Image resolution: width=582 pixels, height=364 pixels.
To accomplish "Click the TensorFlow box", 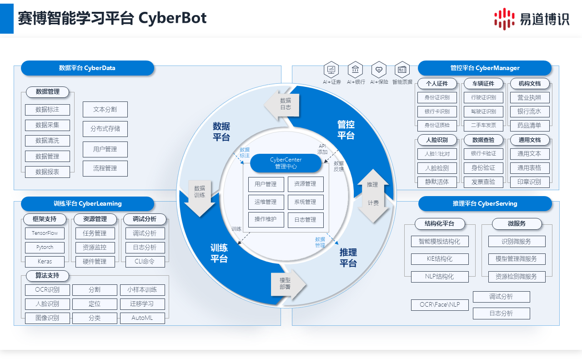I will click(45, 233).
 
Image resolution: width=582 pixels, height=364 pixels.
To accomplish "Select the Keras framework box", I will click(45, 262).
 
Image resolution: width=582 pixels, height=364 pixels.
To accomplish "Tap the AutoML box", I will click(142, 318).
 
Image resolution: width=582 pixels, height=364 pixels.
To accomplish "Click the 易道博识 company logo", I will click(532, 19).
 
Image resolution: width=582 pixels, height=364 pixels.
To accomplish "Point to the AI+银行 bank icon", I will click(355, 70).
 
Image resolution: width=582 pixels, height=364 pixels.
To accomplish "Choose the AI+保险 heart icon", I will click(379, 70).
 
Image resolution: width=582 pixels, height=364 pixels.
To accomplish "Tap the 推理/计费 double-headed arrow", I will click(373, 196).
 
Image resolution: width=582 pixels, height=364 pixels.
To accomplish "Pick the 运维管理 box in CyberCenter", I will click(266, 202).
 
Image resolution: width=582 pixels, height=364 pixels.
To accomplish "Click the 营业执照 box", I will click(529, 98).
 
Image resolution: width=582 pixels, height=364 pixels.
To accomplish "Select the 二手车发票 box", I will click(483, 126).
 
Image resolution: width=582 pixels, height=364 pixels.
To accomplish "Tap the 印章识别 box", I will click(529, 182).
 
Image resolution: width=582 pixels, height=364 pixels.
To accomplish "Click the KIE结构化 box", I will click(439, 259).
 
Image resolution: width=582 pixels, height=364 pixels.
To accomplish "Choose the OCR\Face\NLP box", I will click(439, 305).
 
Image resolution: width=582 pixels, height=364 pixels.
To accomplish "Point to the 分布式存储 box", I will click(105, 129).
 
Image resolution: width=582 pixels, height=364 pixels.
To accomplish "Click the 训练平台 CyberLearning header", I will click(88, 204).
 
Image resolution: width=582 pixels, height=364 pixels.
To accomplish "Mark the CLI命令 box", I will click(145, 262).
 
